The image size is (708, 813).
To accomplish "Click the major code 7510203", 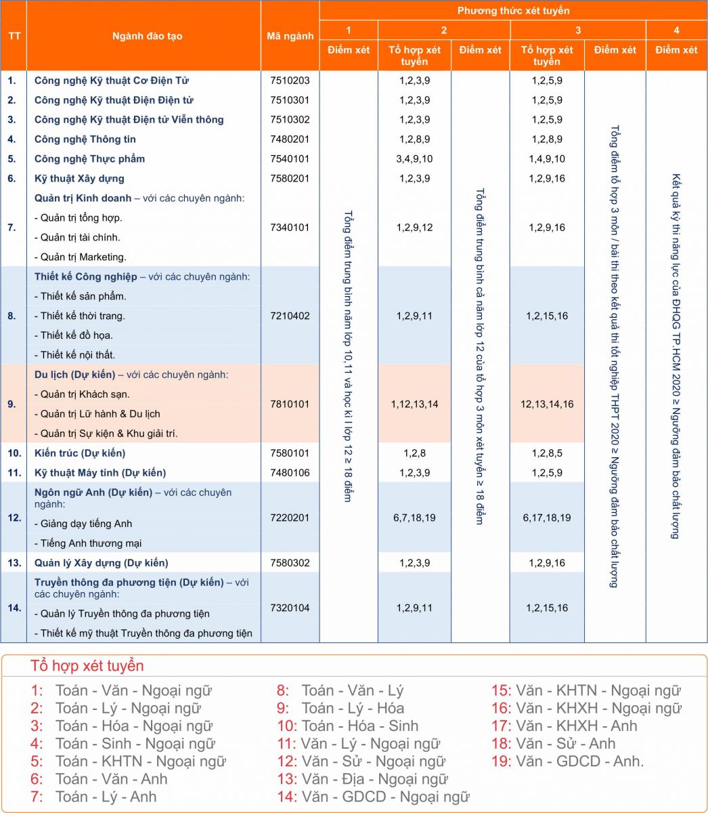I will click(290, 81).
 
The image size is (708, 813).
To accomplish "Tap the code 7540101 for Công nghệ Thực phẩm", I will click(290, 159).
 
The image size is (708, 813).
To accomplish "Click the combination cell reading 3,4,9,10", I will click(414, 159).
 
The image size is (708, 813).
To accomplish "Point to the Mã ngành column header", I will click(290, 37).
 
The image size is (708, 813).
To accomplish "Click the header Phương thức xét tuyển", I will click(513, 11).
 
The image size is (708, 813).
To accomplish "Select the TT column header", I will click(14, 37).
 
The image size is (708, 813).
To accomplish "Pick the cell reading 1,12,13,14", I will click(414, 404).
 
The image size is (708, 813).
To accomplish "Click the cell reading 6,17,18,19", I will click(547, 518).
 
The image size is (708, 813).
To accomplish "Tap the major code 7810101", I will click(290, 404).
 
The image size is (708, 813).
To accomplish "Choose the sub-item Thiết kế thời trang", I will click(83, 316).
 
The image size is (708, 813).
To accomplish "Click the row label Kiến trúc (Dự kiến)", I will click(80, 453).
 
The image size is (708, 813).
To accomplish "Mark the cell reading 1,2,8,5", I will click(547, 453).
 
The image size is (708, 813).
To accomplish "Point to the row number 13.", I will click(14, 563).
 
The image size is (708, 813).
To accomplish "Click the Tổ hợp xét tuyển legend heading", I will click(87, 666).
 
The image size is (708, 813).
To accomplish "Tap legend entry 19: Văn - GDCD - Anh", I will click(567, 762).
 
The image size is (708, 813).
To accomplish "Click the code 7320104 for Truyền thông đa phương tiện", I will click(290, 608).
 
